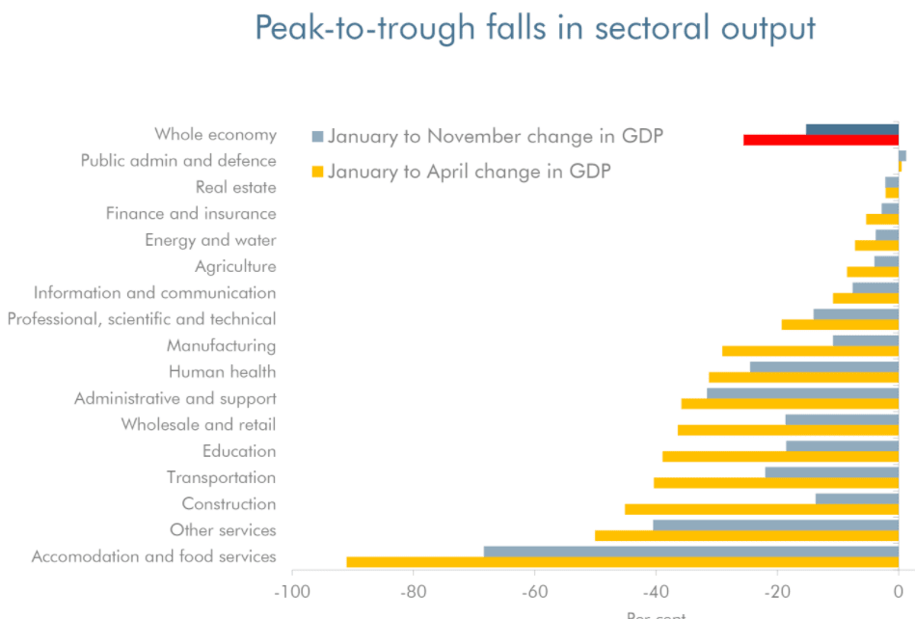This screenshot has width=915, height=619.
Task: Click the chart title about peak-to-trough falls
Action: [535, 29]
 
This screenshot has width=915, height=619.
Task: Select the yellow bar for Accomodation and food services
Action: [622, 562]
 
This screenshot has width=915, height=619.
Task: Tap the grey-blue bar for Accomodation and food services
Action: [690, 552]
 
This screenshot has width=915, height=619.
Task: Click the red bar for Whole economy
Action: [821, 141]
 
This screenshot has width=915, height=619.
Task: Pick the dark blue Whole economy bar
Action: [851, 129]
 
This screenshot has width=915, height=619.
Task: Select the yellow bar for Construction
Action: [761, 509]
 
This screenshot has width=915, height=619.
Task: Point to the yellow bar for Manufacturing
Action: [810, 351]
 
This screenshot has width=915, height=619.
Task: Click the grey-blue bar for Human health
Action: [823, 366]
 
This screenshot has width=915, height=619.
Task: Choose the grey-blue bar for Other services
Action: [775, 525]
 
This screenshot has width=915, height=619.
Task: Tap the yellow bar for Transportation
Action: [775, 483]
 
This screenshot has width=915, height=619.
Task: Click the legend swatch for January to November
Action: [318, 136]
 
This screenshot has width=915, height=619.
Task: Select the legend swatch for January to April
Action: [318, 173]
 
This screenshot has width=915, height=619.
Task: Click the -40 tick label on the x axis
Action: [656, 591]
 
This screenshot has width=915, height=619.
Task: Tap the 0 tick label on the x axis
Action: [899, 591]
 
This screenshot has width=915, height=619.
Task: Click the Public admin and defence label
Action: [178, 161]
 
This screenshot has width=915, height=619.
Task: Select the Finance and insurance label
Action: [191, 214]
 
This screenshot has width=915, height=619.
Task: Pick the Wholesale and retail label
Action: [198, 424]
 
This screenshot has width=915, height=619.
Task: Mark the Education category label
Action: [239, 451]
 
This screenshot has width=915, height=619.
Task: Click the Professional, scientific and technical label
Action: [142, 319]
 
